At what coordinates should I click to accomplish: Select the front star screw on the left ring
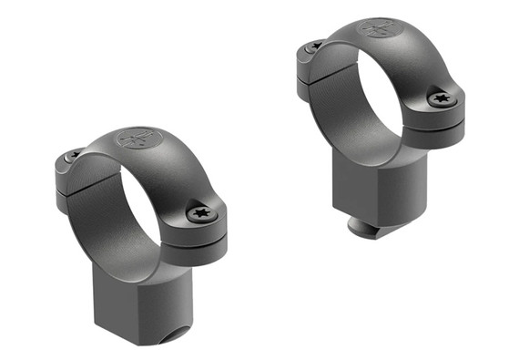(200, 212)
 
